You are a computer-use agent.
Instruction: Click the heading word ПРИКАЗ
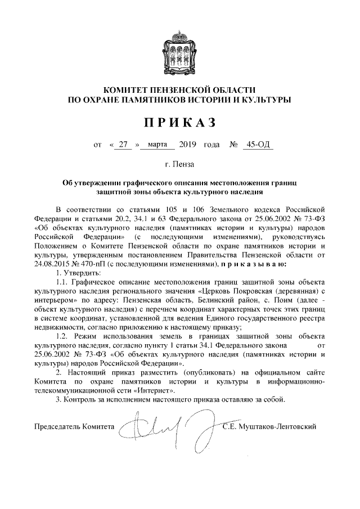click(x=179, y=122)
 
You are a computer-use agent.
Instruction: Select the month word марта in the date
click(x=157, y=145)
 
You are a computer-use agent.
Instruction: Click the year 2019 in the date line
click(x=187, y=145)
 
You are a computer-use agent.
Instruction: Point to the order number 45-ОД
click(x=258, y=145)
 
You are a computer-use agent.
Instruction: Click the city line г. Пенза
click(x=179, y=165)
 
